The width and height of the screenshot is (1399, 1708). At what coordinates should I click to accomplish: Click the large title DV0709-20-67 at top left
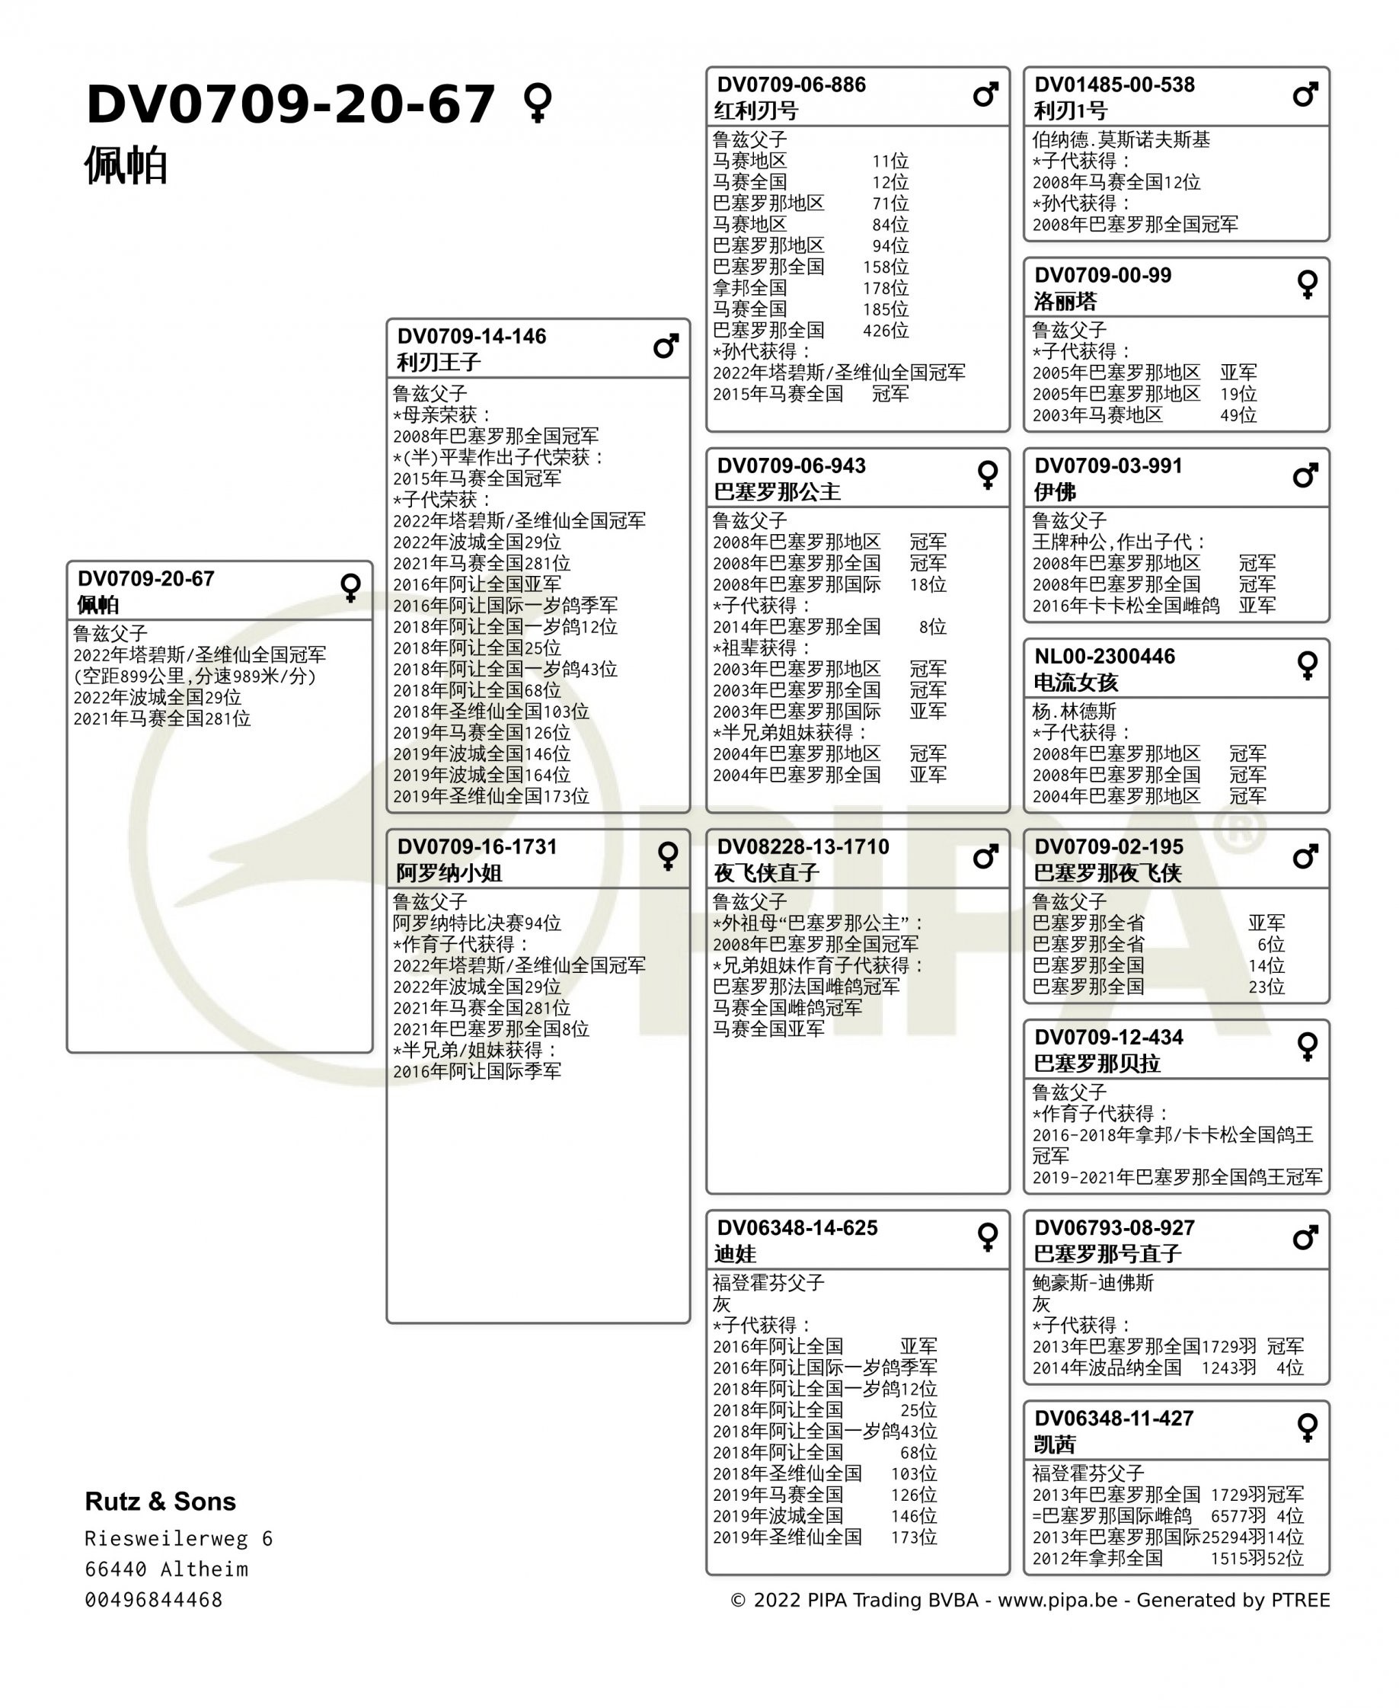click(x=290, y=105)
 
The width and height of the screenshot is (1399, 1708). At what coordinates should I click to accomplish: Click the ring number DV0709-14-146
click(x=471, y=336)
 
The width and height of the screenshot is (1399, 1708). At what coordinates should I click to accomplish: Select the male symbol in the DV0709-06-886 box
click(x=985, y=95)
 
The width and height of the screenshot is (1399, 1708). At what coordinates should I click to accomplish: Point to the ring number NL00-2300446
click(x=1104, y=656)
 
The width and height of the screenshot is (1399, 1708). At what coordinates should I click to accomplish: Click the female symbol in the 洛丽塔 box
click(x=1306, y=284)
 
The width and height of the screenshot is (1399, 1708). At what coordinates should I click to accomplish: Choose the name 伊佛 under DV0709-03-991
click(x=1054, y=491)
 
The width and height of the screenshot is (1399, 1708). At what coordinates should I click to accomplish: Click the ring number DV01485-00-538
click(x=1113, y=85)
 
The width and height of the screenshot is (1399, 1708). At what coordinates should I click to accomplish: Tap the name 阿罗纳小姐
click(x=449, y=873)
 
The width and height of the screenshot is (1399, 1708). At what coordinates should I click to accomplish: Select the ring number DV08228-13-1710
click(x=803, y=846)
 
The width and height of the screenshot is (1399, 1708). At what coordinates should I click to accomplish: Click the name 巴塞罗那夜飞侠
click(x=1107, y=873)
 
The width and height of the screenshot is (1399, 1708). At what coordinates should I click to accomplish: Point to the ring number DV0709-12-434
click(x=1108, y=1038)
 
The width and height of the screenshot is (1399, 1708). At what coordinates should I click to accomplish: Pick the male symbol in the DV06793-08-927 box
click(x=1305, y=1237)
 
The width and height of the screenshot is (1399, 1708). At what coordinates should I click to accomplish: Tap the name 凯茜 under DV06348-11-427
click(x=1054, y=1444)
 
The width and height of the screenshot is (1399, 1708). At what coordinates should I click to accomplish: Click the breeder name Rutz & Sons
click(x=161, y=1501)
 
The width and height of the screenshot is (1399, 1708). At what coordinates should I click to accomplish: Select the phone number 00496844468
click(x=153, y=1600)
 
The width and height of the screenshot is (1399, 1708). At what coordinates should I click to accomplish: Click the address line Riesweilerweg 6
click(x=178, y=1539)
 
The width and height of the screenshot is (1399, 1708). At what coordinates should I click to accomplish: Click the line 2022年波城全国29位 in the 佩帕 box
click(x=157, y=697)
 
